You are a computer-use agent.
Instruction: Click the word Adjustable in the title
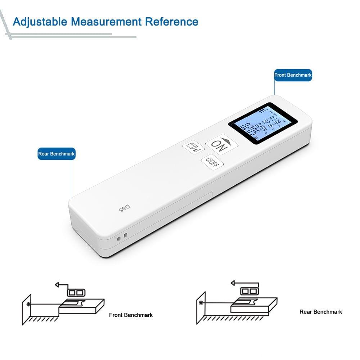pyautogui.click(x=40, y=22)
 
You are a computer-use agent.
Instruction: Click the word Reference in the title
pyautogui.click(x=172, y=22)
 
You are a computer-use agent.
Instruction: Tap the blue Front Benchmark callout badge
pyautogui.click(x=293, y=75)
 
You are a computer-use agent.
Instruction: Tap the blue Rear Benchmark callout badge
pyautogui.click(x=57, y=154)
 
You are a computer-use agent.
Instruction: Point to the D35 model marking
pyautogui.click(x=124, y=208)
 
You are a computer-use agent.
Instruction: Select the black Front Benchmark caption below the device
pyautogui.click(x=131, y=315)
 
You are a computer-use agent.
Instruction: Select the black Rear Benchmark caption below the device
pyautogui.click(x=320, y=312)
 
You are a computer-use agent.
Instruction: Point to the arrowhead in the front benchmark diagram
pyautogui.click(x=57, y=285)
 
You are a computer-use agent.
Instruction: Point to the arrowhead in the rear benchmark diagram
pyautogui.click(x=233, y=283)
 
